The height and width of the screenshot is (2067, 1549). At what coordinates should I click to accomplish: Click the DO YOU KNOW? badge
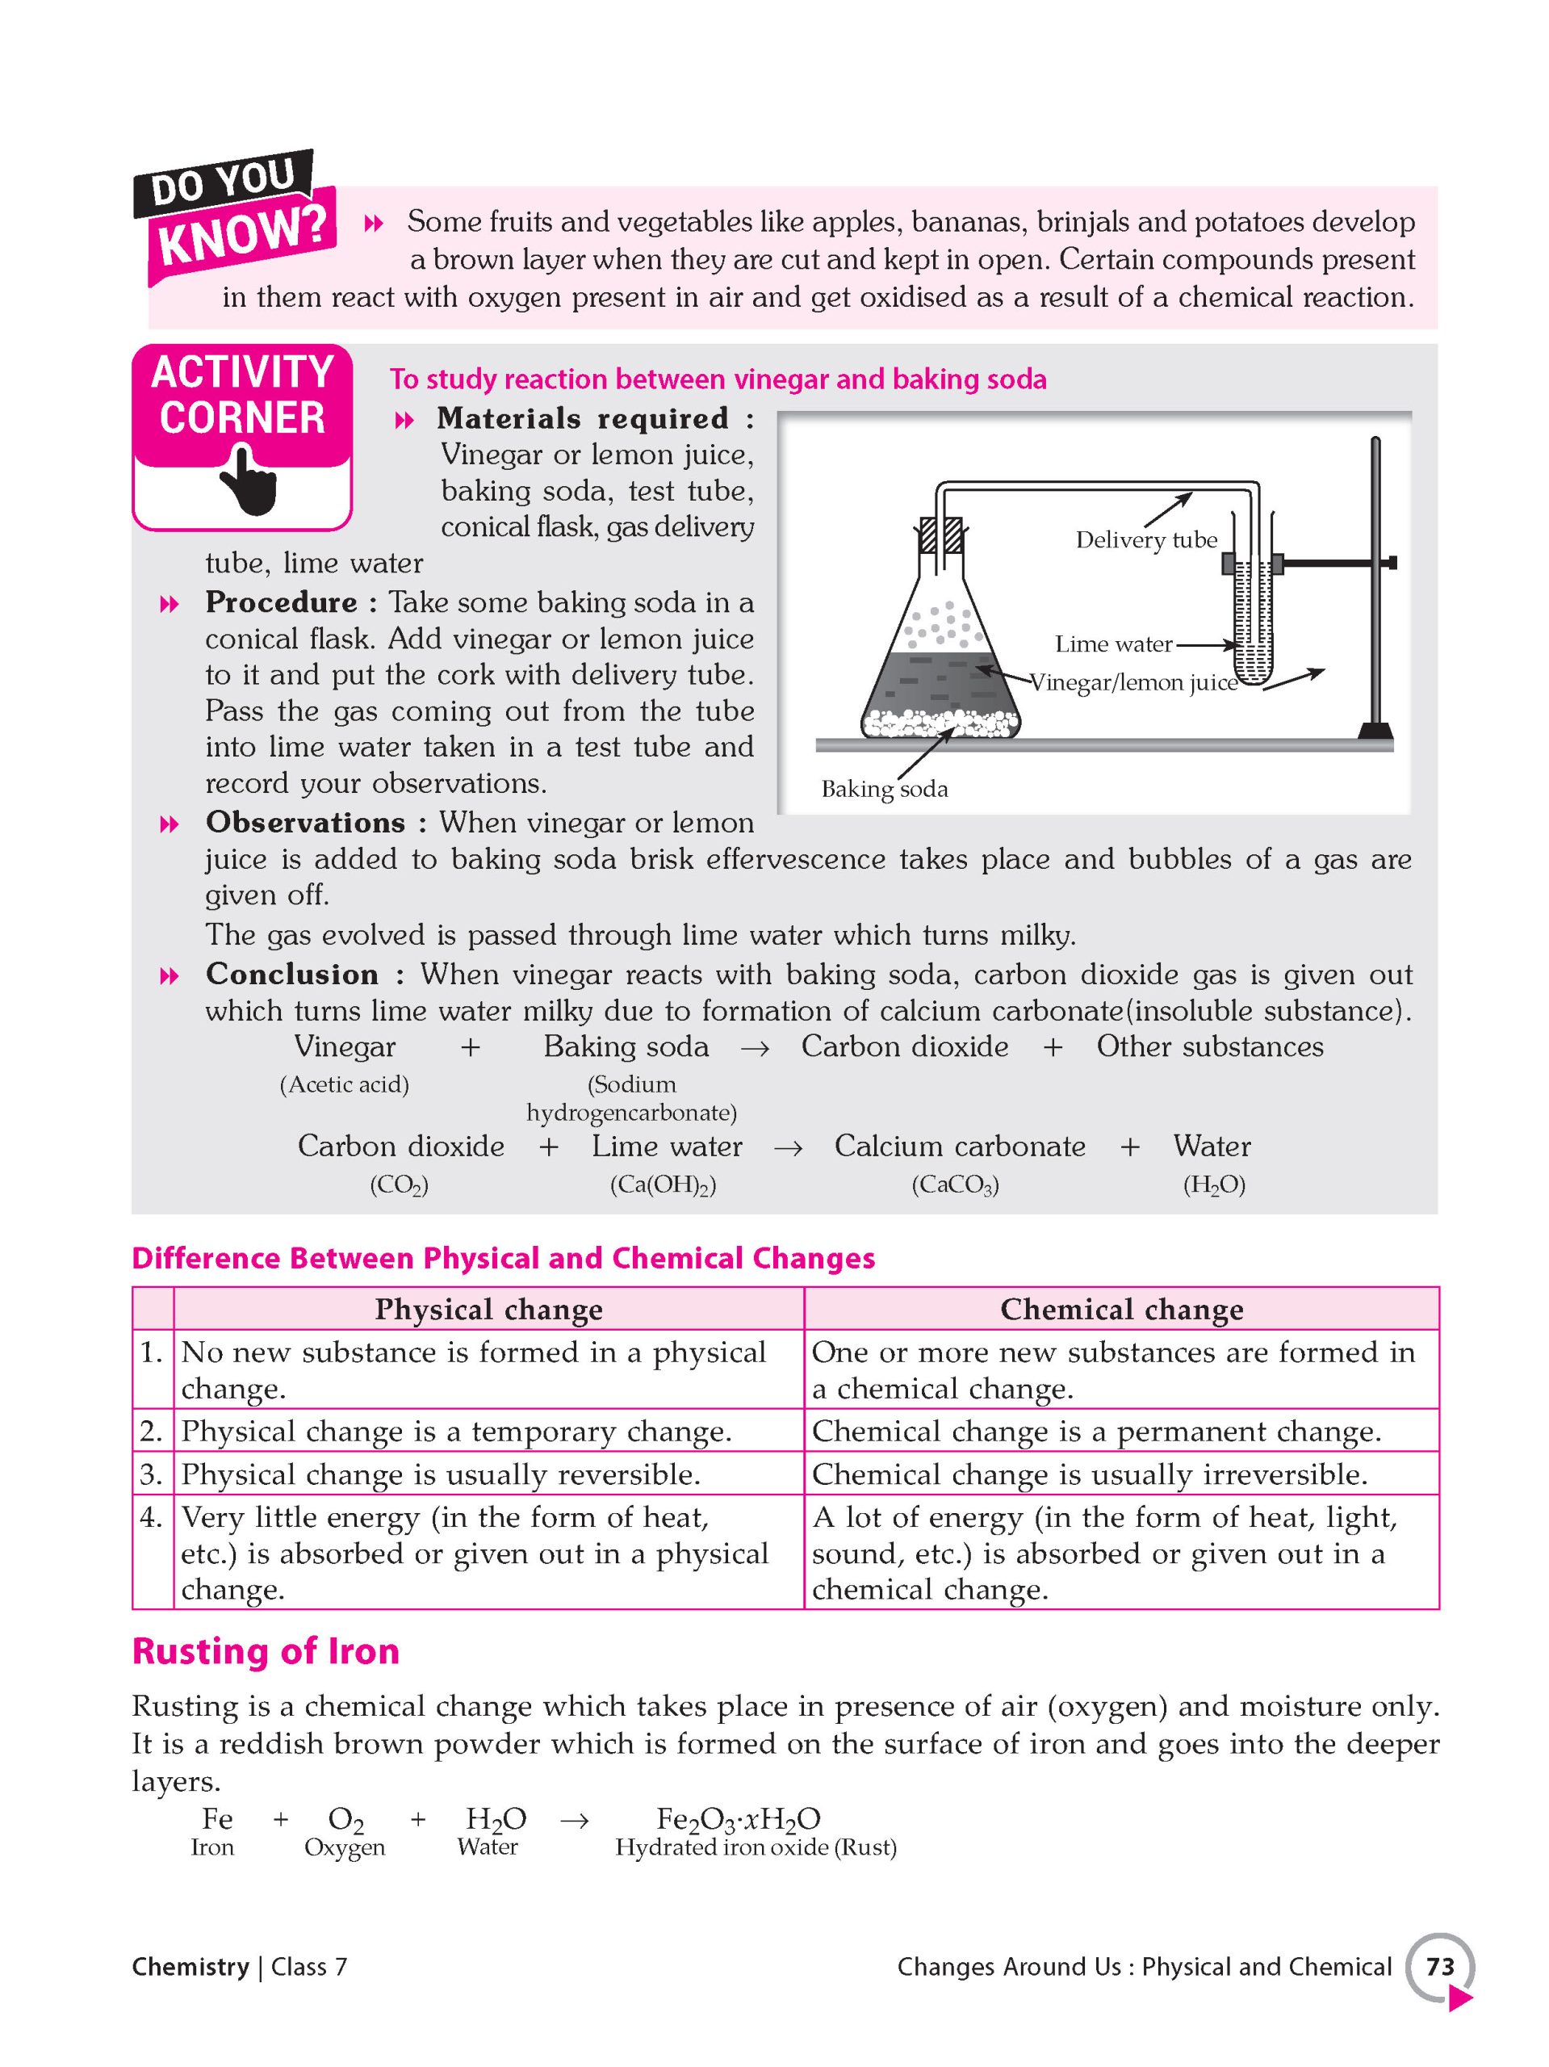(233, 216)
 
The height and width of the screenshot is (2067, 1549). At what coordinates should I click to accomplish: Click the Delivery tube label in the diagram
(1145, 540)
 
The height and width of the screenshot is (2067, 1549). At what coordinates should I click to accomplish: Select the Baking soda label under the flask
(883, 790)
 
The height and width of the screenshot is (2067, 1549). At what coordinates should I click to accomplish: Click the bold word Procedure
(281, 602)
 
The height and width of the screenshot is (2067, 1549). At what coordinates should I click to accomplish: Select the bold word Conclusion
(291, 975)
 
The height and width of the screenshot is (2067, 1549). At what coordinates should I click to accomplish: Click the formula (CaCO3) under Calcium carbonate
(955, 1184)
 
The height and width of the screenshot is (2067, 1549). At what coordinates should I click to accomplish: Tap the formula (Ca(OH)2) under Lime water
(663, 1184)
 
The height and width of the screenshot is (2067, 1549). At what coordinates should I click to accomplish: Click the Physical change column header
(488, 1309)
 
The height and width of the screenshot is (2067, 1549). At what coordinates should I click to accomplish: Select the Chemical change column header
(1120, 1309)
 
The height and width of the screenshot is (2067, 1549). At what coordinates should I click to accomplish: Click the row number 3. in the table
(153, 1474)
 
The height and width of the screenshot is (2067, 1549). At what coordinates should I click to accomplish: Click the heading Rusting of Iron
(266, 1651)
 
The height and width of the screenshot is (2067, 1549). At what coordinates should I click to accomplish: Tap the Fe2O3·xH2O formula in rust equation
(738, 1819)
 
